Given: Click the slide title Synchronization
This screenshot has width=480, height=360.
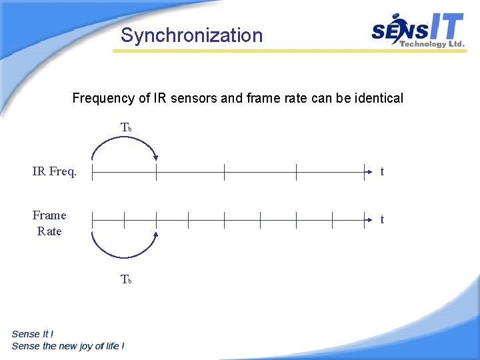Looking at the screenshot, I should (192, 35).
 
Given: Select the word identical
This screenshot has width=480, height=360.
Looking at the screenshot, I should (379, 99).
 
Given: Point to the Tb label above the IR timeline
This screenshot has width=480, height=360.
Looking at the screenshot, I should (126, 127).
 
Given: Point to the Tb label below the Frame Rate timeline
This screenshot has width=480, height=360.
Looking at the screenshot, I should (126, 280).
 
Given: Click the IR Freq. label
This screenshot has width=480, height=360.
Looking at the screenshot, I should (55, 172).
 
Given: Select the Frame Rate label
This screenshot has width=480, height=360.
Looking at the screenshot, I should (49, 223).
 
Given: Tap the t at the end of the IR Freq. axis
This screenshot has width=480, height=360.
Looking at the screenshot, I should (382, 172).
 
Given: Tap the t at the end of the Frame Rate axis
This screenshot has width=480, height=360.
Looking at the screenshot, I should (382, 219).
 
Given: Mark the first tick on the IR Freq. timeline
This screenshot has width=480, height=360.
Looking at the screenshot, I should (92, 172).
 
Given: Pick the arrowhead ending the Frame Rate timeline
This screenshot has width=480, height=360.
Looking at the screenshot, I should (367, 219).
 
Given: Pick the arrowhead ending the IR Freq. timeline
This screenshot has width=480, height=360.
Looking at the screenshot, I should (367, 172).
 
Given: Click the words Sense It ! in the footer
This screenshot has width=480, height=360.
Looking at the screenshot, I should (33, 334).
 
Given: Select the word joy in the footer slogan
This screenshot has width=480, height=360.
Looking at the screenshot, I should (90, 346).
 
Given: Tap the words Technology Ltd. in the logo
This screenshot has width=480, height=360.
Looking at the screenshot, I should (431, 44).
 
